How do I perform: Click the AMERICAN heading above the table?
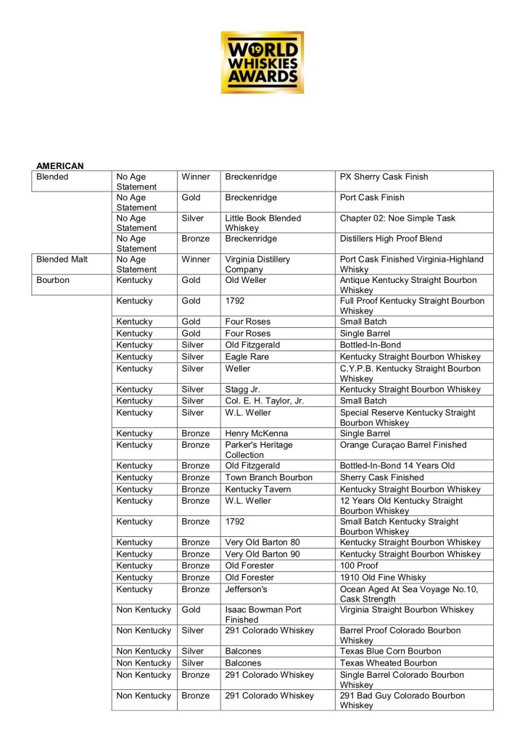(60, 166)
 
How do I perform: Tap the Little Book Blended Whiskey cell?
(262, 223)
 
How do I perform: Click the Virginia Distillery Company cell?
(258, 263)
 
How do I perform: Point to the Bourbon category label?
(53, 279)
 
